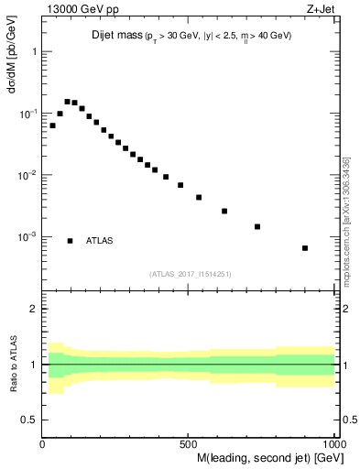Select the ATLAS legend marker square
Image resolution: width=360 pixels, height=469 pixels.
[71, 241]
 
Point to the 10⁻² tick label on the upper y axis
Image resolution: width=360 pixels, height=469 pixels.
[27, 175]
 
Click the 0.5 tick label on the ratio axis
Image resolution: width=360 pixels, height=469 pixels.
[30, 420]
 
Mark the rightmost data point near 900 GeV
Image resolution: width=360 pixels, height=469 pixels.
[305, 248]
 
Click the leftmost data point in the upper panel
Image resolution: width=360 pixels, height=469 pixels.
[52, 125]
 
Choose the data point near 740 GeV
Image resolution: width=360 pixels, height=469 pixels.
[257, 226]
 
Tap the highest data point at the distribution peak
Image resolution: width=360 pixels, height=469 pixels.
[67, 102]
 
